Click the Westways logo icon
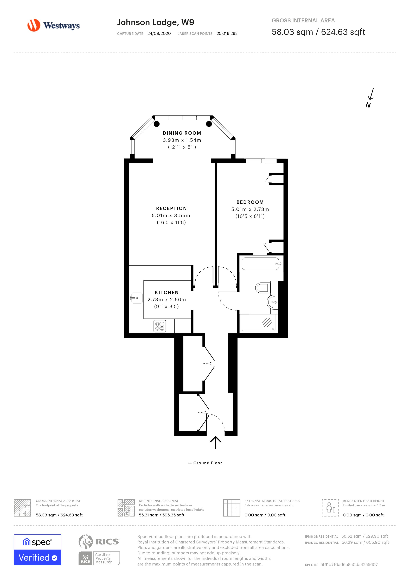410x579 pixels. click(x=34, y=25)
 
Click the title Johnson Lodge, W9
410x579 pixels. click(x=156, y=22)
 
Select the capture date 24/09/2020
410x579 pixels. click(x=159, y=33)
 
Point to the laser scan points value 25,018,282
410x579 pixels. click(x=227, y=33)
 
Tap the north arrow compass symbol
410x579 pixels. click(x=370, y=98)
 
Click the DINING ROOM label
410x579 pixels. click(x=182, y=133)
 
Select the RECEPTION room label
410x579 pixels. click(x=171, y=208)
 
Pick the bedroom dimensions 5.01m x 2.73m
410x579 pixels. click(x=250, y=209)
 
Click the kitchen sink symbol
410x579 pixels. click(x=137, y=298)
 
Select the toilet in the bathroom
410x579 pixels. click(x=262, y=287)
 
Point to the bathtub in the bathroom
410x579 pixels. click(x=261, y=264)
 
